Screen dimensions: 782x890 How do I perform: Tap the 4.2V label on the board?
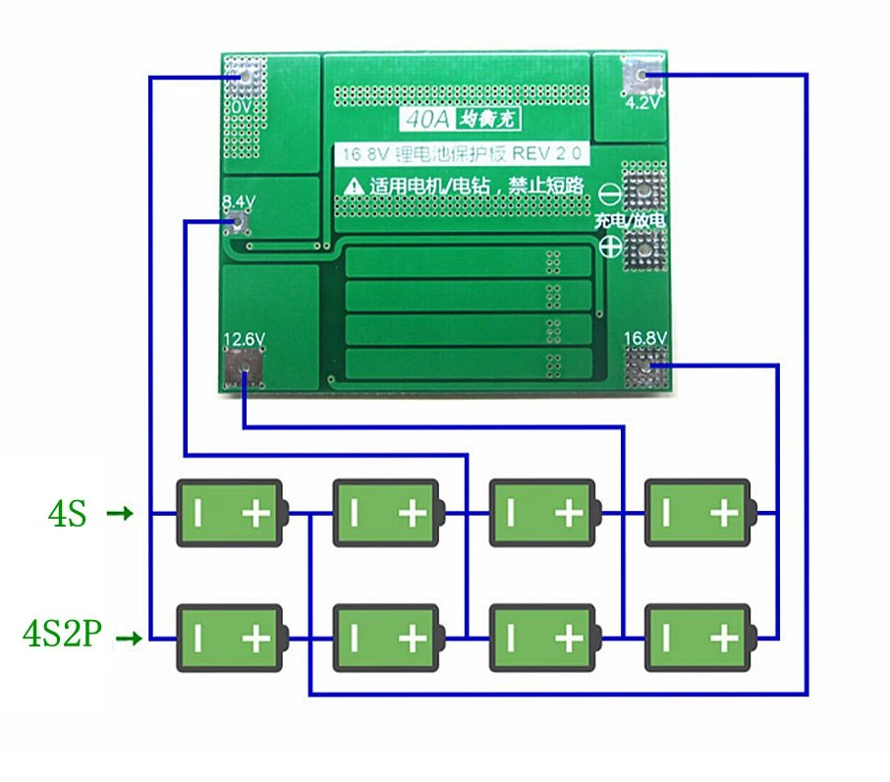[x=643, y=101]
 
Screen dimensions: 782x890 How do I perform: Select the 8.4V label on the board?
[x=239, y=201]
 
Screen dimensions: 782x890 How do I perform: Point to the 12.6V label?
[x=244, y=339]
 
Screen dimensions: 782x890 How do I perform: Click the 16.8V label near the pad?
[x=645, y=339]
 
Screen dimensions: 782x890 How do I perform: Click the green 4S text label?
[x=68, y=513]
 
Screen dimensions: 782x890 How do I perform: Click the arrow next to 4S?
[x=120, y=513]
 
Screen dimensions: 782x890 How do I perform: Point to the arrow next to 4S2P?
[x=130, y=639]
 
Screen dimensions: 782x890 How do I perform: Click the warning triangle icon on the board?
[x=351, y=186]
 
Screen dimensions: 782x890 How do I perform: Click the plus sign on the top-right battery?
[x=724, y=513]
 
